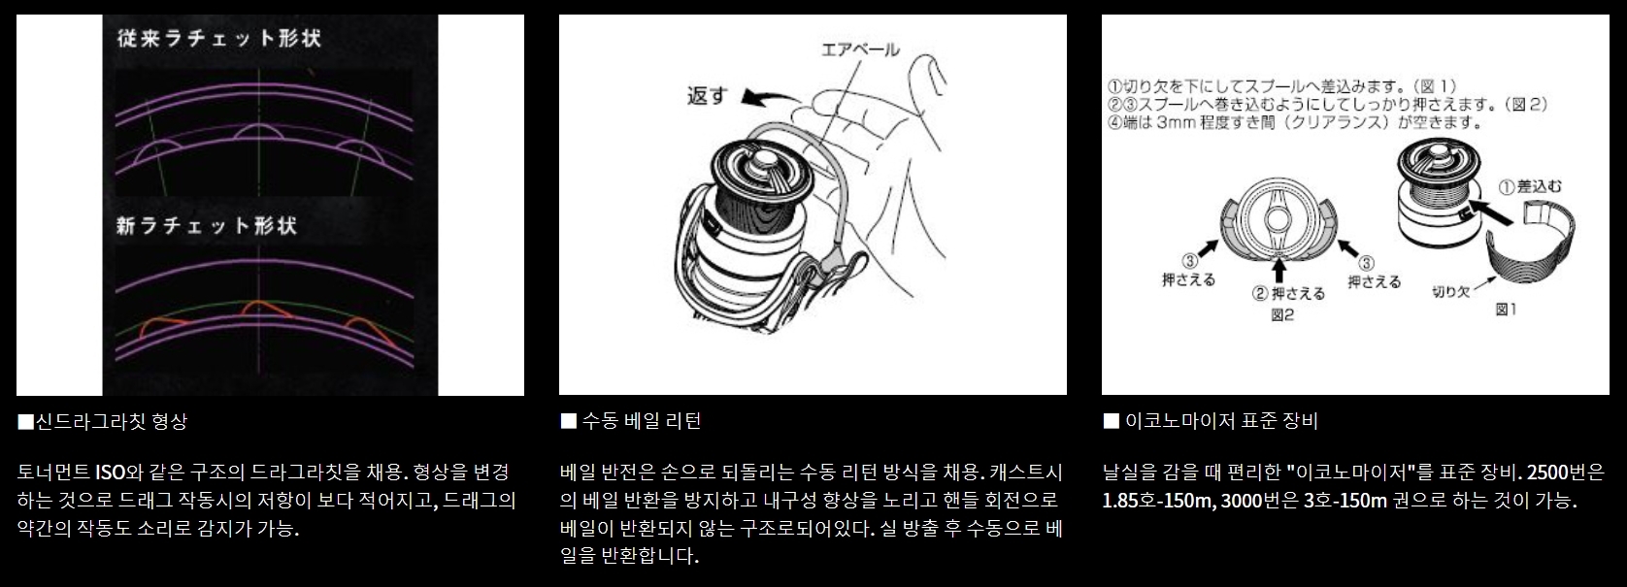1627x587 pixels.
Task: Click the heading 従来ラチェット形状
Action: pyautogui.click(x=219, y=38)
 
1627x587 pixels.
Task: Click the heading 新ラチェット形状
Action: pyautogui.click(x=207, y=226)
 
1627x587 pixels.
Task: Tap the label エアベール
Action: pyautogui.click(x=860, y=49)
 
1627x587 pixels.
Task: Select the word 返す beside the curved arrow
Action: pyautogui.click(x=707, y=95)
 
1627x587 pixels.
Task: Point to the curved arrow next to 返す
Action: pyautogui.click(x=770, y=96)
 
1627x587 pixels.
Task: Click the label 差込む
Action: pyautogui.click(x=1529, y=186)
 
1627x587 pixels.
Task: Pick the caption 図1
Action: pyautogui.click(x=1506, y=310)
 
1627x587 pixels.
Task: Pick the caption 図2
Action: pyautogui.click(x=1282, y=315)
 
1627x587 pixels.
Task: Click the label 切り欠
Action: pyautogui.click(x=1450, y=291)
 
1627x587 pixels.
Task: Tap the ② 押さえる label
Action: pyautogui.click(x=1288, y=293)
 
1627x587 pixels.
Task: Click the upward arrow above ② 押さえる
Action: pyautogui.click(x=1280, y=270)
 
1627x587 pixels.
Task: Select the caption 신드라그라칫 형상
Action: pyautogui.click(x=102, y=421)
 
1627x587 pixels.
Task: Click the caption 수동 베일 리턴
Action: pyautogui.click(x=630, y=421)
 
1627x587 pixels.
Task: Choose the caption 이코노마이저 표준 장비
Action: pyautogui.click(x=1211, y=421)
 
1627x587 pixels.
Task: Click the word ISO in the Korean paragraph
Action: pyautogui.click(x=111, y=473)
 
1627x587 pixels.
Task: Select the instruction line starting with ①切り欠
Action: pyautogui.click(x=1282, y=87)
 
